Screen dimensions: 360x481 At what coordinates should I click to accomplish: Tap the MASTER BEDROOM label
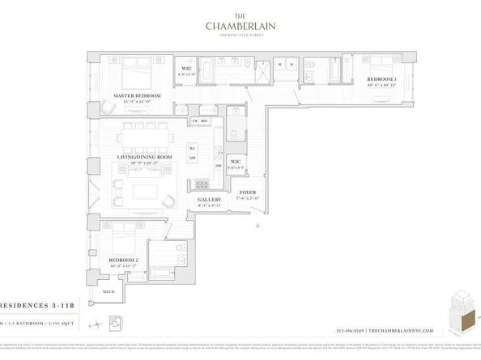pos(137,96)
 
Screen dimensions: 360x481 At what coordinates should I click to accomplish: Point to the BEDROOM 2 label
pos(124,260)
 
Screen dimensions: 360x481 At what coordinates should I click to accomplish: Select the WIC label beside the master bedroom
pos(185,68)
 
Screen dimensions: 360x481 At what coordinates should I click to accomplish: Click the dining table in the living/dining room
pos(146,134)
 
